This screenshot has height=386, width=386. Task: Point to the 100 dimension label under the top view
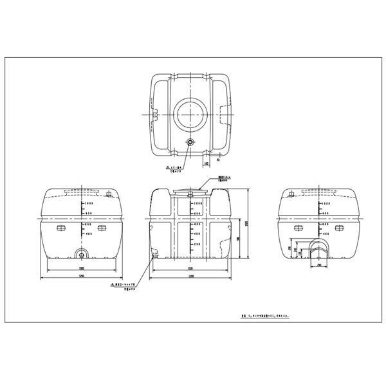click(x=207, y=164)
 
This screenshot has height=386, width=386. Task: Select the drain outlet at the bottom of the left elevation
click(x=81, y=253)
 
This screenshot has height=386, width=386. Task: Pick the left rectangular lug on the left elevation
click(x=61, y=228)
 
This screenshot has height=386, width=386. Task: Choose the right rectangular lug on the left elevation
click(x=102, y=228)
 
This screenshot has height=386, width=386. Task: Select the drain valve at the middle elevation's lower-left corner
click(x=154, y=256)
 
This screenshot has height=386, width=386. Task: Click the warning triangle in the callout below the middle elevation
click(x=112, y=284)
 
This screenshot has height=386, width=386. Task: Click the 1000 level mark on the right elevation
click(x=325, y=203)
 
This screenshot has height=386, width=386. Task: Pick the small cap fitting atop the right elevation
click(x=291, y=191)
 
